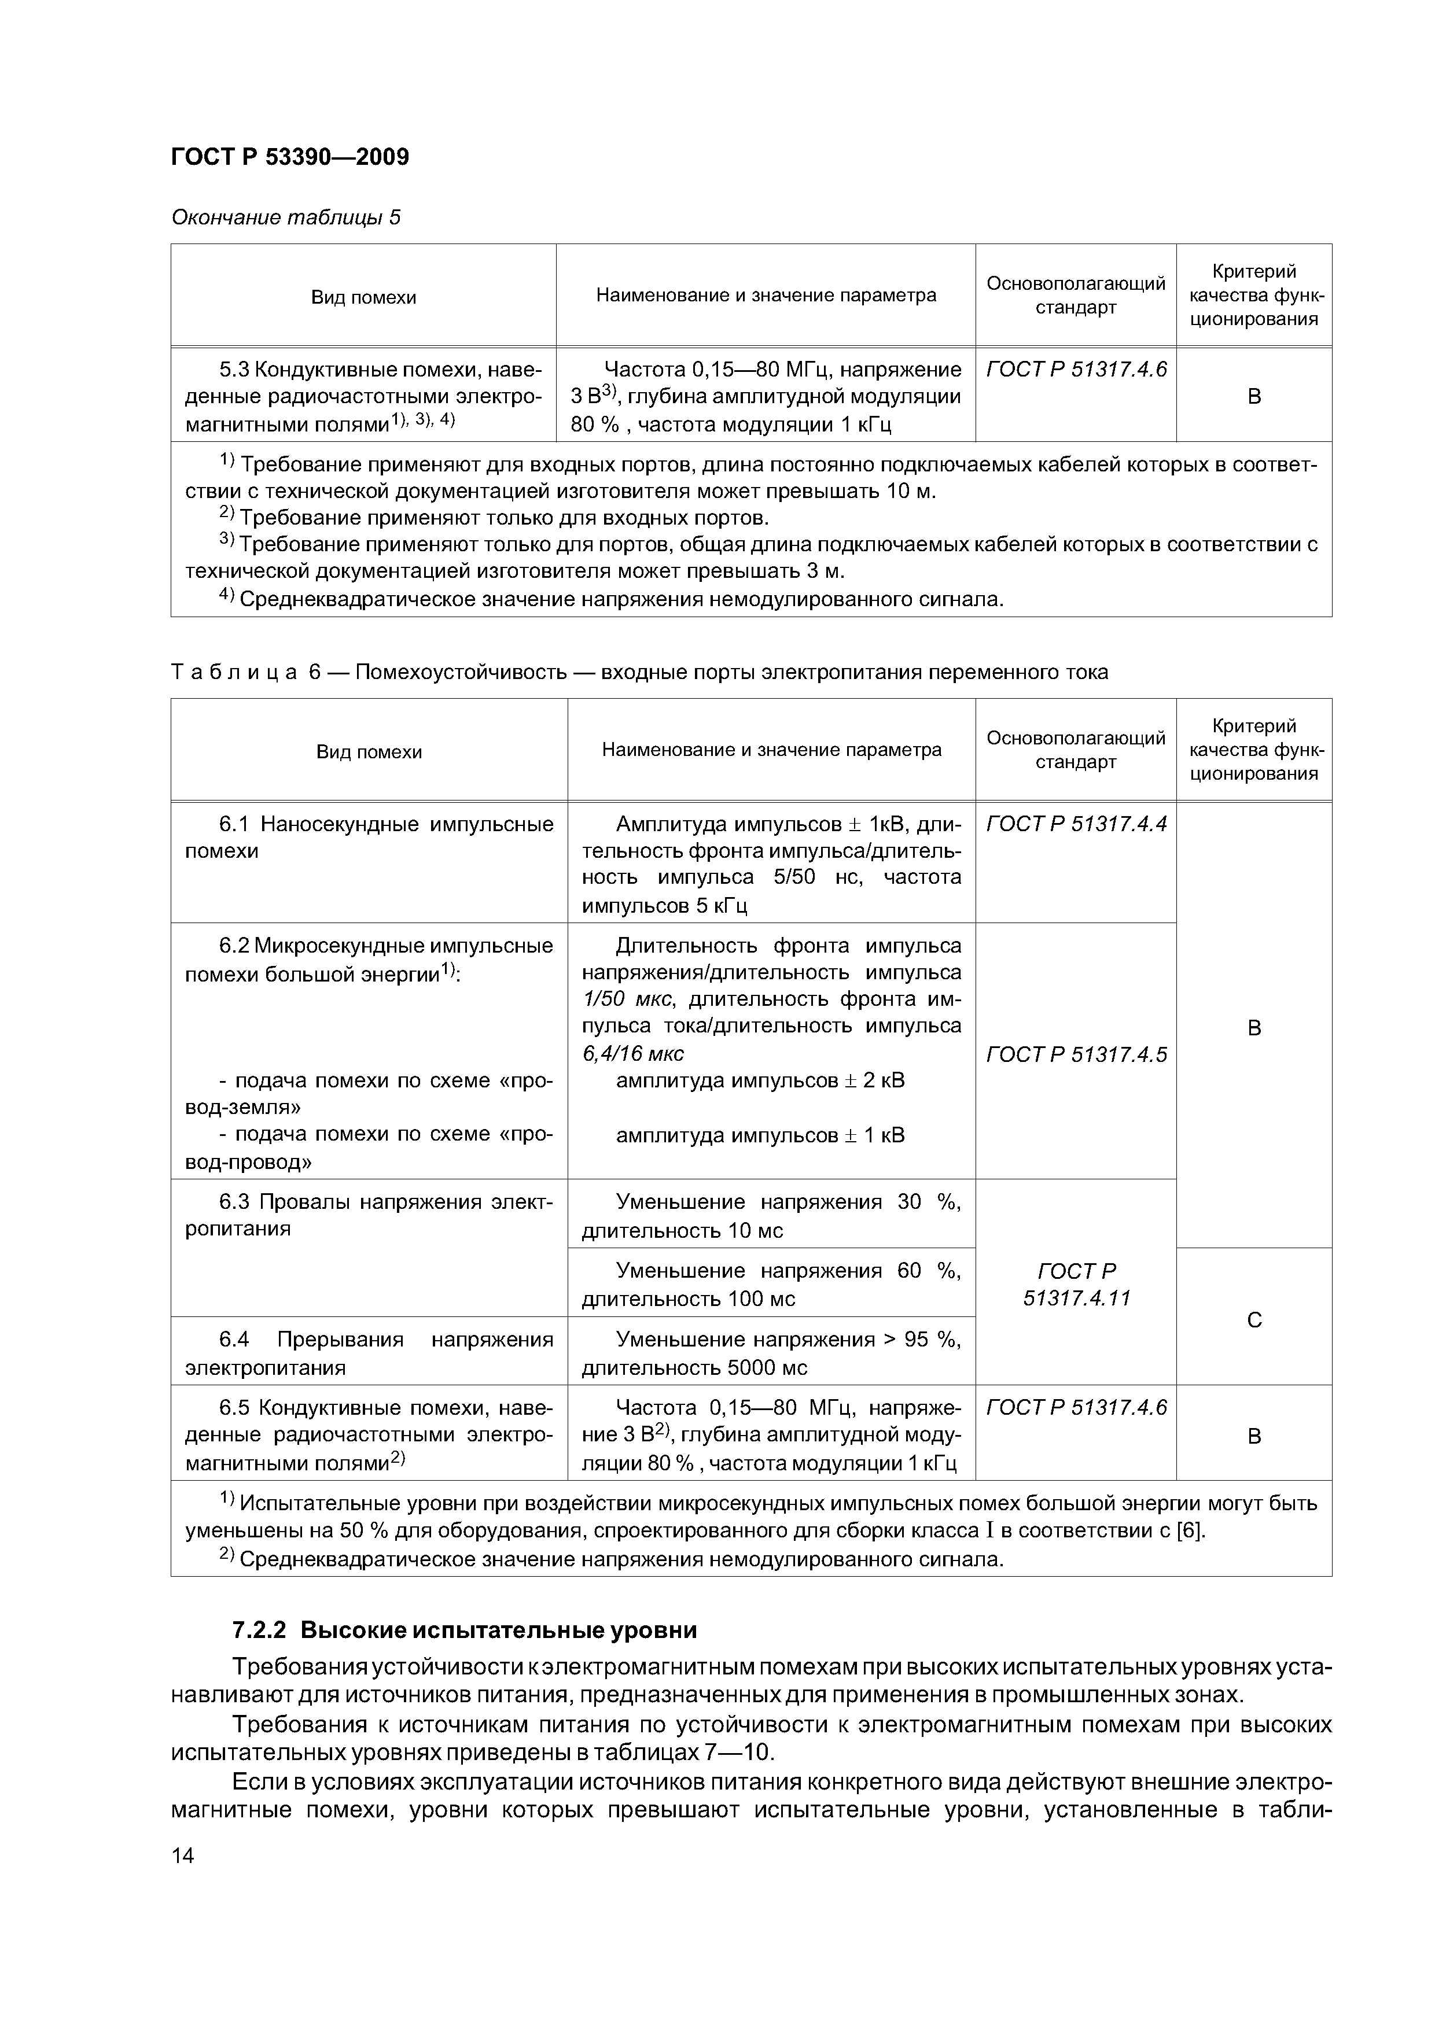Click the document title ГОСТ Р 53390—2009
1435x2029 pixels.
pos(290,157)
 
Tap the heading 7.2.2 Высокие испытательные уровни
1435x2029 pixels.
pos(465,1629)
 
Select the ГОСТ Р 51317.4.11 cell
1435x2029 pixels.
pos(1076,1284)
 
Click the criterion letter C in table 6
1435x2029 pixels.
pos(1254,1319)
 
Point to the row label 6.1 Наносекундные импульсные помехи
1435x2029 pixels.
pos(369,837)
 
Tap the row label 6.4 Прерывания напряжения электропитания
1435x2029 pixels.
pos(369,1353)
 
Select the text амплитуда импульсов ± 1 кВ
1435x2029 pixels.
pos(760,1135)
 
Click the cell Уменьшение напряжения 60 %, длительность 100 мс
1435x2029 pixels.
pos(771,1284)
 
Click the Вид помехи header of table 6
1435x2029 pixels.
pos(369,752)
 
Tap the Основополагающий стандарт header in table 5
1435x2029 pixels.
pos(1076,295)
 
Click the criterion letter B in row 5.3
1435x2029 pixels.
pos(1254,397)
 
